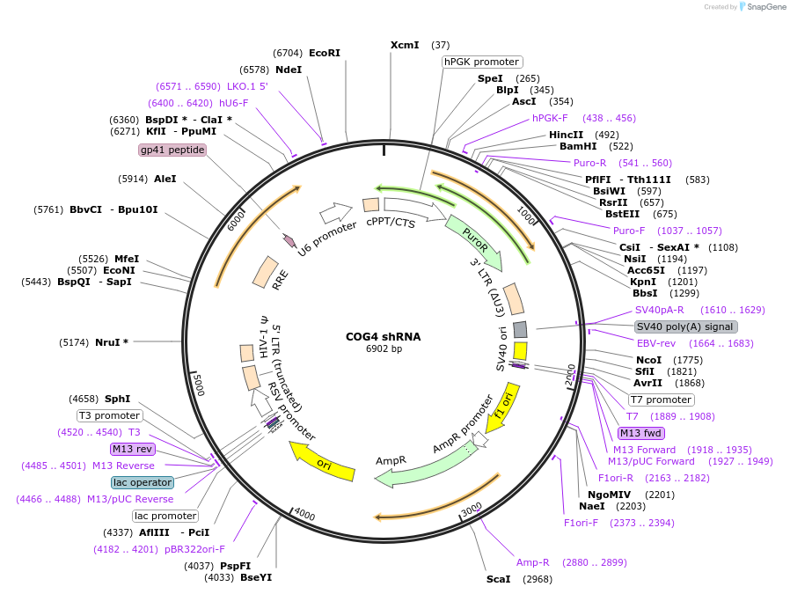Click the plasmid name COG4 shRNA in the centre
[x=384, y=336]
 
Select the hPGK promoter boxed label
[x=481, y=62]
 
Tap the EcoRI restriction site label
[x=324, y=53]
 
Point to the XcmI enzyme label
[x=406, y=45]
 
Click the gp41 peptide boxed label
[x=172, y=150]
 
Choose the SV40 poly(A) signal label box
[x=684, y=326]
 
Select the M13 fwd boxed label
[x=641, y=432]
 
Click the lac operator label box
[x=143, y=482]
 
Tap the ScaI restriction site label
[x=498, y=579]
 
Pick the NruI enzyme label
[x=112, y=341]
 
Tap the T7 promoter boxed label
[x=661, y=400]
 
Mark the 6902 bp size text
[x=384, y=349]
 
